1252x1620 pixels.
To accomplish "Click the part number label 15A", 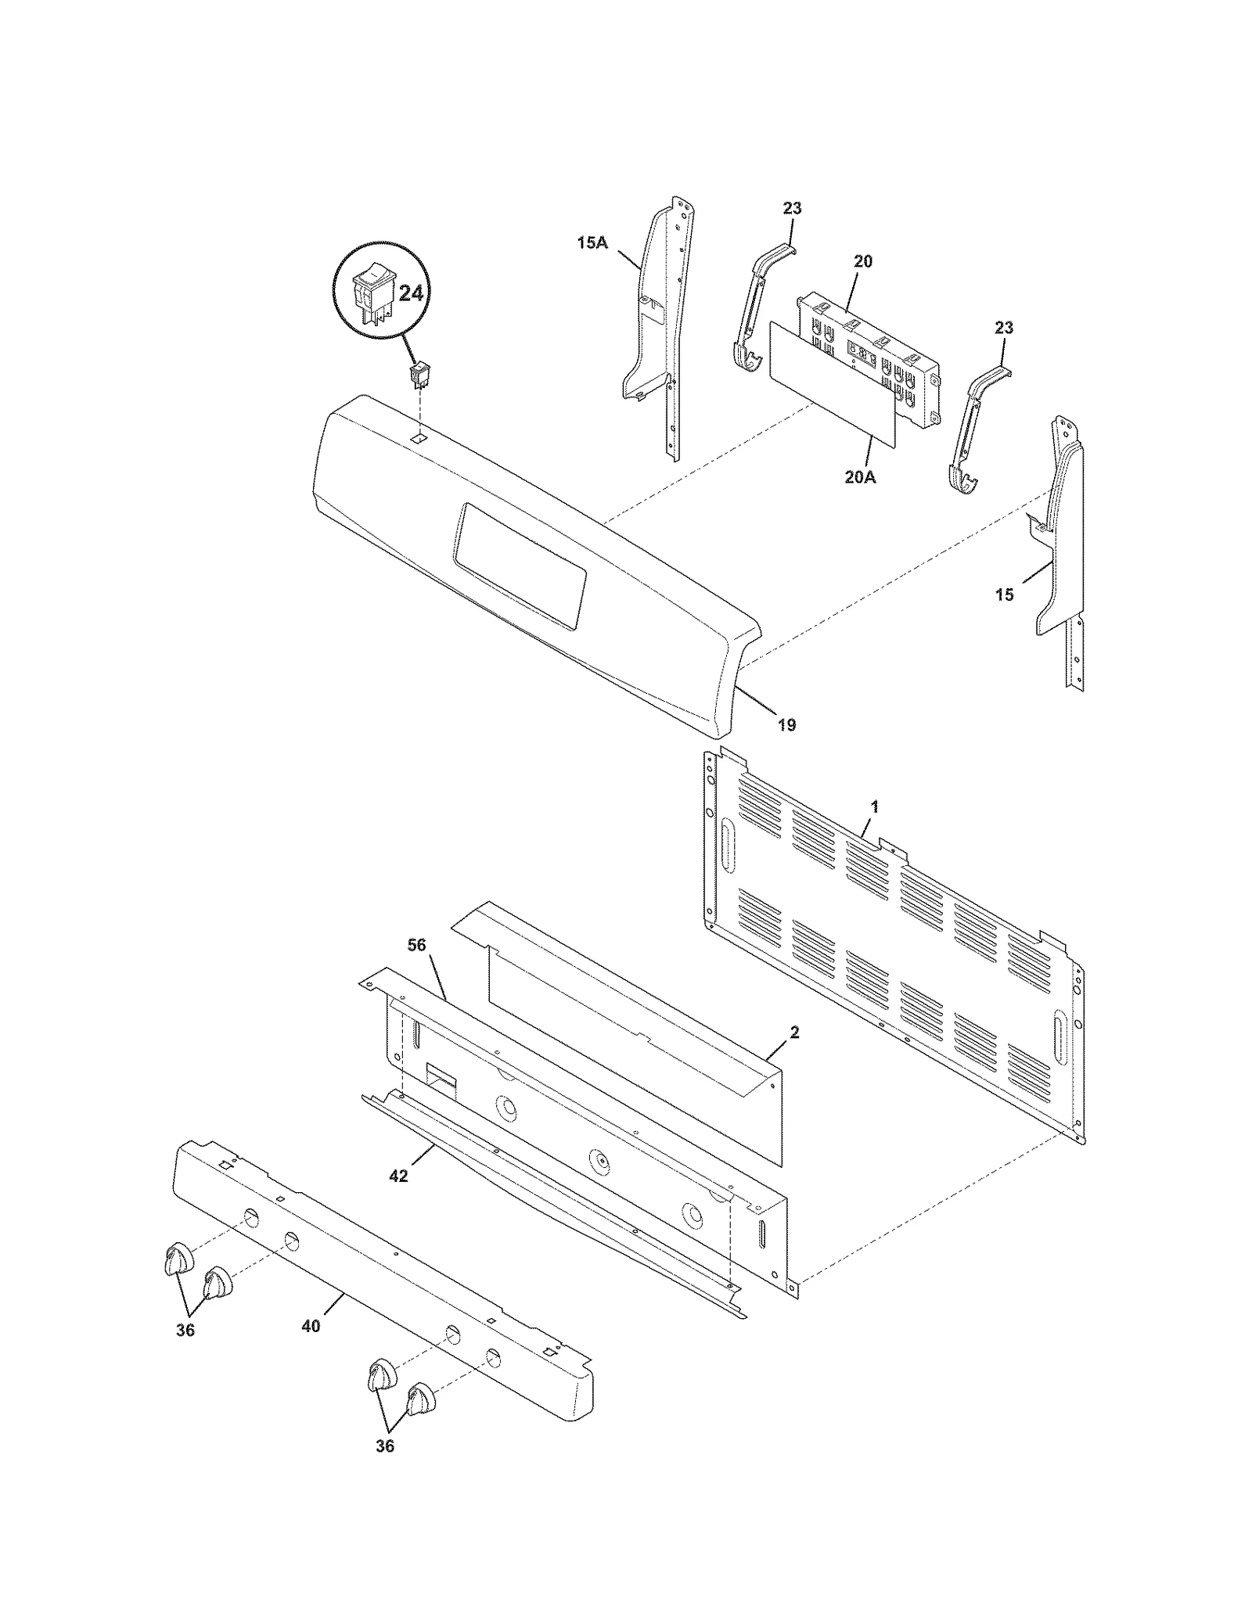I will click(x=592, y=242).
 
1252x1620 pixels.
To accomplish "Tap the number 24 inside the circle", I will click(x=411, y=293).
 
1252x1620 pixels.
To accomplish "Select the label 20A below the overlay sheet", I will click(x=860, y=476).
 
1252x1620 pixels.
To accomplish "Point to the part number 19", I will click(x=786, y=725).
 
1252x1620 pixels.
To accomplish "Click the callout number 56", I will click(x=416, y=945).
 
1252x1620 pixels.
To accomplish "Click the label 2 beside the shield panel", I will click(x=794, y=1033).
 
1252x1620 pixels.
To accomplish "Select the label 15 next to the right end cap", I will click(x=1004, y=595).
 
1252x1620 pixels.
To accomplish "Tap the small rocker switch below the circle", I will click(x=420, y=375).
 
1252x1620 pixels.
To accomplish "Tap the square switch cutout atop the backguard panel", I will click(x=419, y=440).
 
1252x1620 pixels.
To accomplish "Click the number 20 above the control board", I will click(x=862, y=261).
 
